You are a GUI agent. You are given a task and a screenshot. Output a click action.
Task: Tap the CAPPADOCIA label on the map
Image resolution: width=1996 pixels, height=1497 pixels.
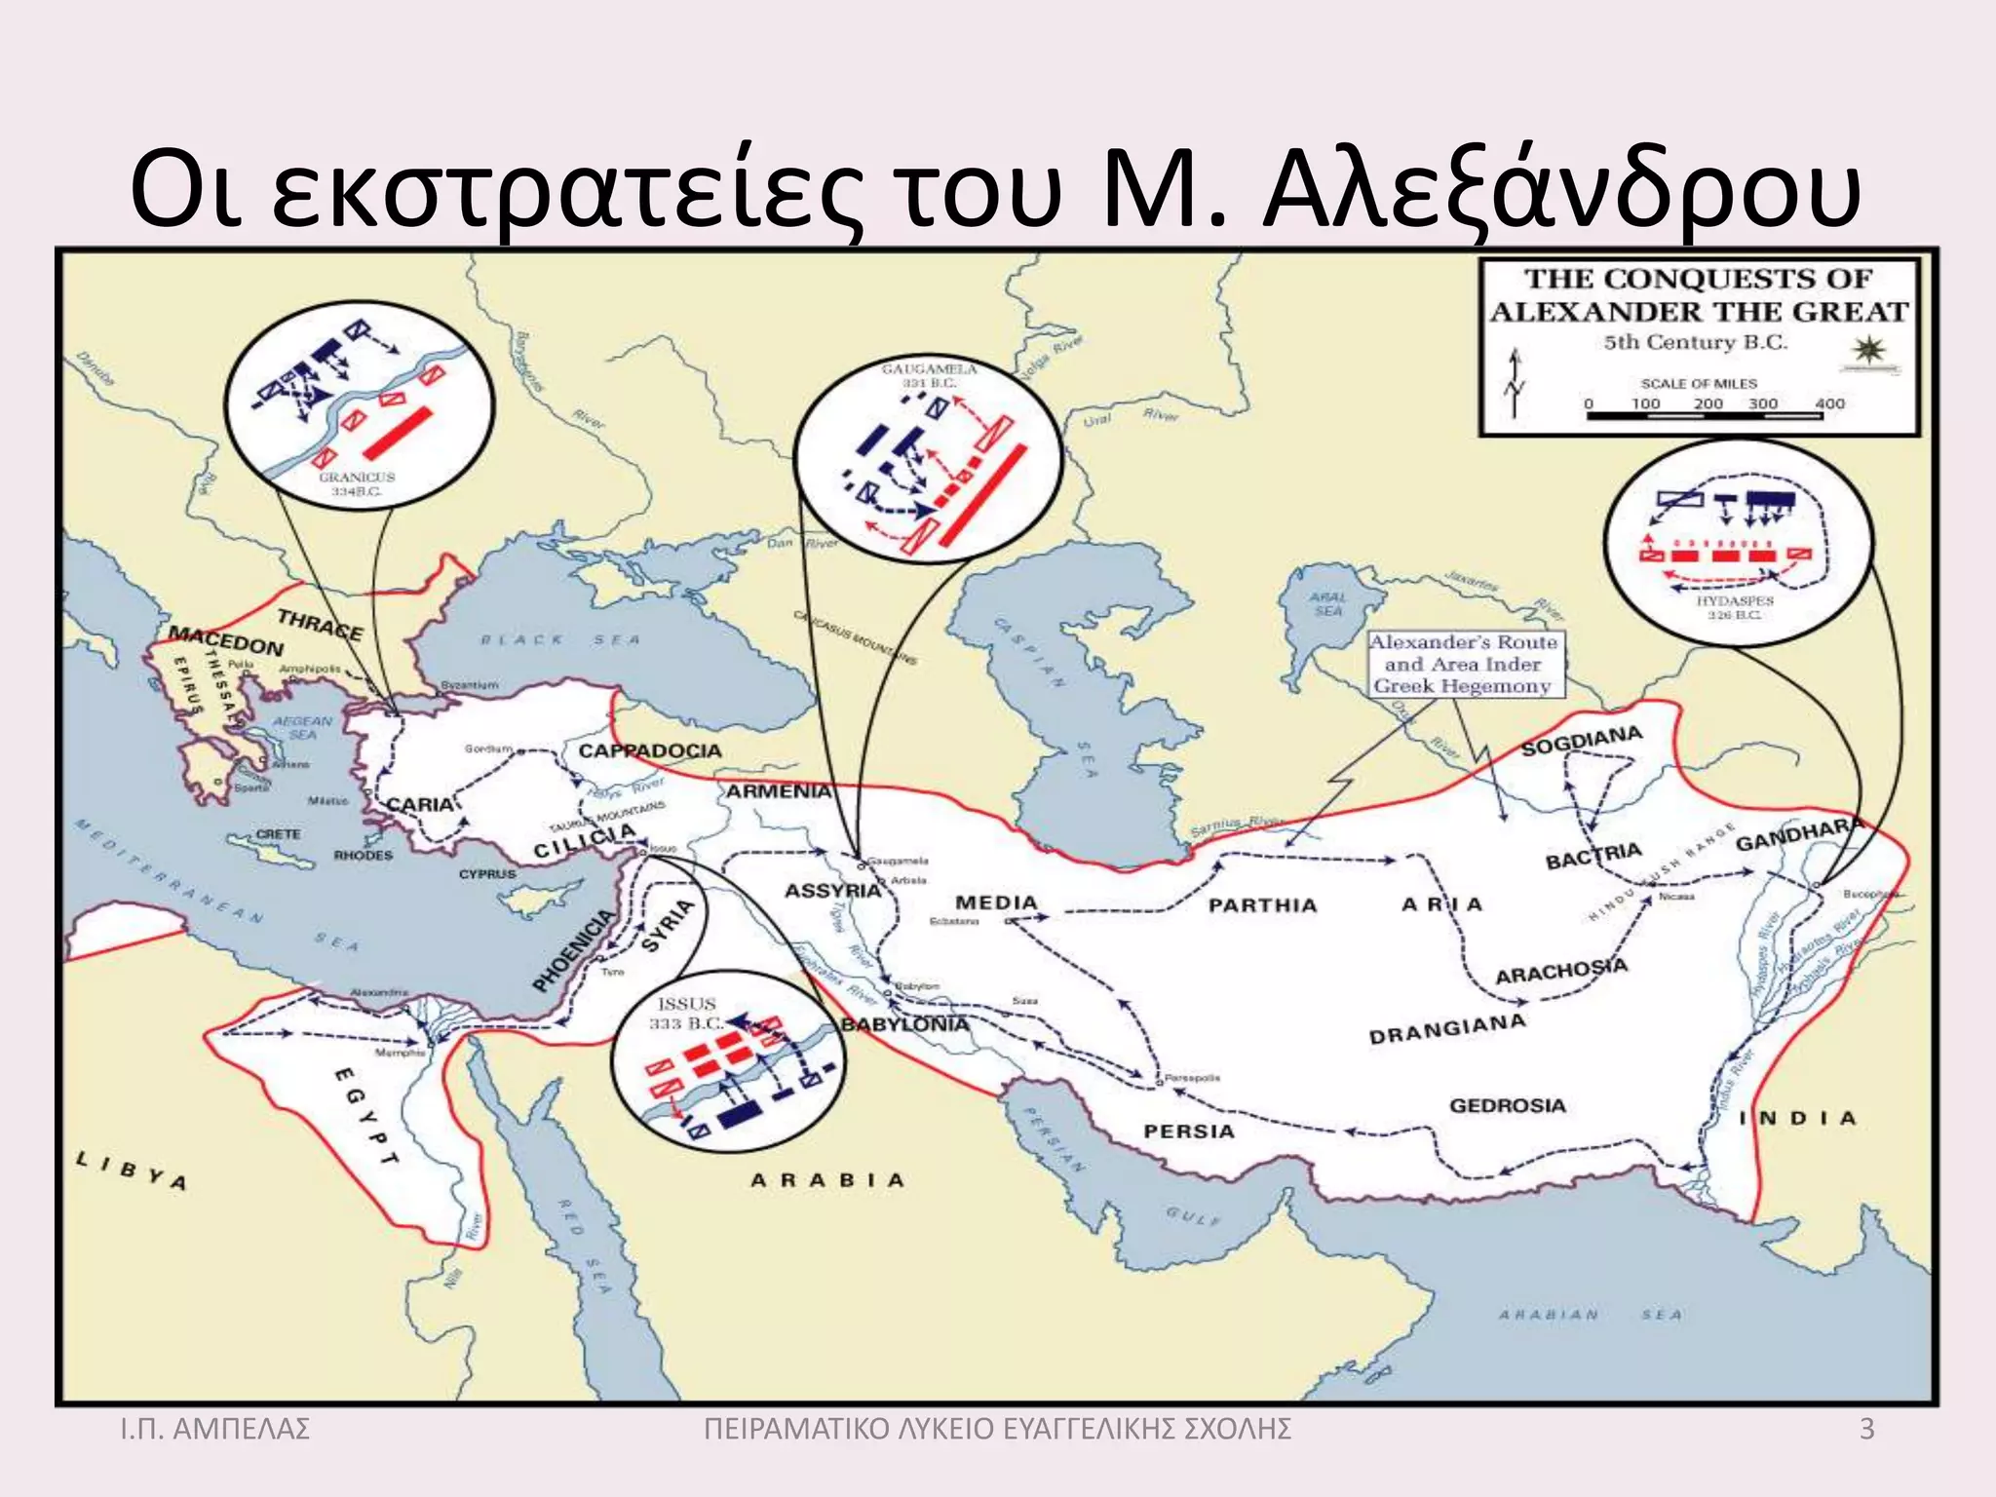pos(650,751)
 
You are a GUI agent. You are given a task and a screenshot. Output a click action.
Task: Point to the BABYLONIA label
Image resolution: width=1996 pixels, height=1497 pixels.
pos(905,1024)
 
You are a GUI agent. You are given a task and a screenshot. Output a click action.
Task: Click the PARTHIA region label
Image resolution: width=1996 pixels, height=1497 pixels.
pos(1262,905)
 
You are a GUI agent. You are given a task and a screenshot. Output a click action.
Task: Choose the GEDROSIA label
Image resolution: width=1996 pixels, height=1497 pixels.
pos(1507,1105)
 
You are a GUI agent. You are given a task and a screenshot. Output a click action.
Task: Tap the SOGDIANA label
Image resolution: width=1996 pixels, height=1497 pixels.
pos(1582,741)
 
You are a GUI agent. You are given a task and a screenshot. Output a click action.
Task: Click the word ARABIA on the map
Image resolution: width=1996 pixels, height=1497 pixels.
pos(827,1180)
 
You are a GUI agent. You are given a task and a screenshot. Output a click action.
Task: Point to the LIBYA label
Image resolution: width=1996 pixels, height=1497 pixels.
pos(132,1171)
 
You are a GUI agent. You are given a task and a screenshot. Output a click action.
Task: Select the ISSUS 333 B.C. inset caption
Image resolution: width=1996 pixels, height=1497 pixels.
pos(687,1014)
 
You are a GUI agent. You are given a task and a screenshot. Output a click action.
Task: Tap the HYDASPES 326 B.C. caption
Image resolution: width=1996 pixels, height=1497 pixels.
pos(1735,607)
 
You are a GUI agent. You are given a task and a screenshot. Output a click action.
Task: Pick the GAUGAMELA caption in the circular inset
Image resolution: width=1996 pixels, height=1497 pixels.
pos(929,375)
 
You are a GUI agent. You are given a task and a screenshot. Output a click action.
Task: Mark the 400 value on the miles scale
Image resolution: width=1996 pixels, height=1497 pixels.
pos(1830,403)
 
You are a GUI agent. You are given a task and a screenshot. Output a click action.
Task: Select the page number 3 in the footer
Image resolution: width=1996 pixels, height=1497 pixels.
pos(1866,1430)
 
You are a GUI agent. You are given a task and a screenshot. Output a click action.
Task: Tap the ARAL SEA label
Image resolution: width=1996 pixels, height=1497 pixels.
pos(1327,603)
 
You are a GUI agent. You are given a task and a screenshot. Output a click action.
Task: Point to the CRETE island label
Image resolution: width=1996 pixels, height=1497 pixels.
pos(278,834)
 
